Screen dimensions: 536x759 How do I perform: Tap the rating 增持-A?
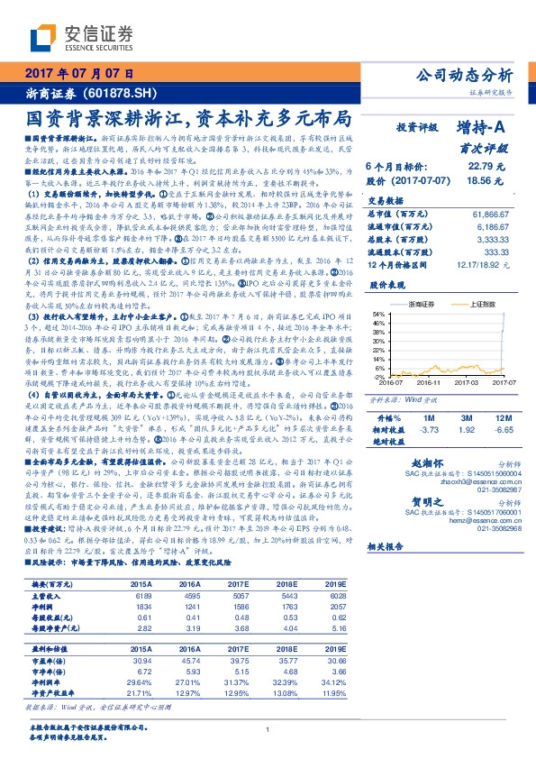[478, 128]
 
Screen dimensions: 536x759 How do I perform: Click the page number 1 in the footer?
[268, 731]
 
